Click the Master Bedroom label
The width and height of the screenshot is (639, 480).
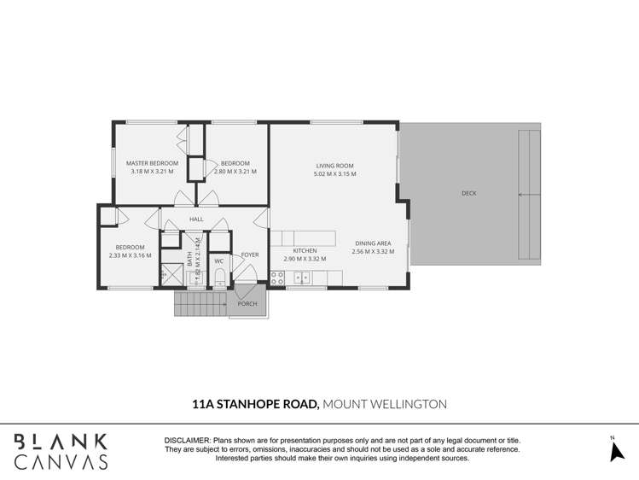tap(152, 162)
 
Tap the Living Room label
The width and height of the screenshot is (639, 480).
tap(334, 166)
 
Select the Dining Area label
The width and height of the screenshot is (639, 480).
tap(373, 243)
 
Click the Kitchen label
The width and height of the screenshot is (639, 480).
tap(305, 251)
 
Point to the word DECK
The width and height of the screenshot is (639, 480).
tap(469, 194)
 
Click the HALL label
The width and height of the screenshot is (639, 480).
tap(196, 220)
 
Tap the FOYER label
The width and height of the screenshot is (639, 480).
tap(250, 255)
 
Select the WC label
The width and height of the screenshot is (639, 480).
tap(219, 261)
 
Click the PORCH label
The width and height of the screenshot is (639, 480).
tap(247, 304)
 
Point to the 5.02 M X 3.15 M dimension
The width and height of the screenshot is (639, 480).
tap(334, 173)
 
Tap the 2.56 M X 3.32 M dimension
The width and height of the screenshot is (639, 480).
tap(373, 251)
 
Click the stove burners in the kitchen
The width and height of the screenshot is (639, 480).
tap(277, 278)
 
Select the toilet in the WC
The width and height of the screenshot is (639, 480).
tap(219, 276)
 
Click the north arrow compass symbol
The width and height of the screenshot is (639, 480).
tap(617, 450)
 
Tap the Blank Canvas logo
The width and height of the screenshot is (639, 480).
tap(61, 451)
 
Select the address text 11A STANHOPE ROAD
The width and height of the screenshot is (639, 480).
tap(253, 404)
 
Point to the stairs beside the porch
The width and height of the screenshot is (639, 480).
tap(200, 303)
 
